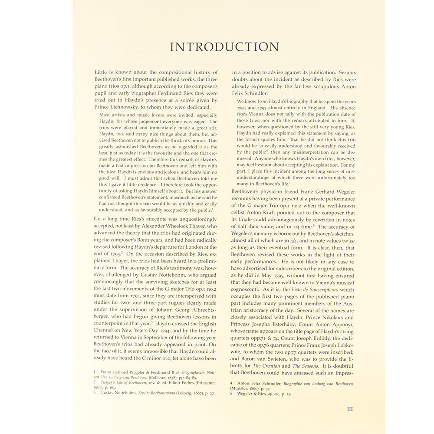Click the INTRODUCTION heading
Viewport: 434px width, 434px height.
coord(224,47)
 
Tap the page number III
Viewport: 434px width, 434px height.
coord(350,408)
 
